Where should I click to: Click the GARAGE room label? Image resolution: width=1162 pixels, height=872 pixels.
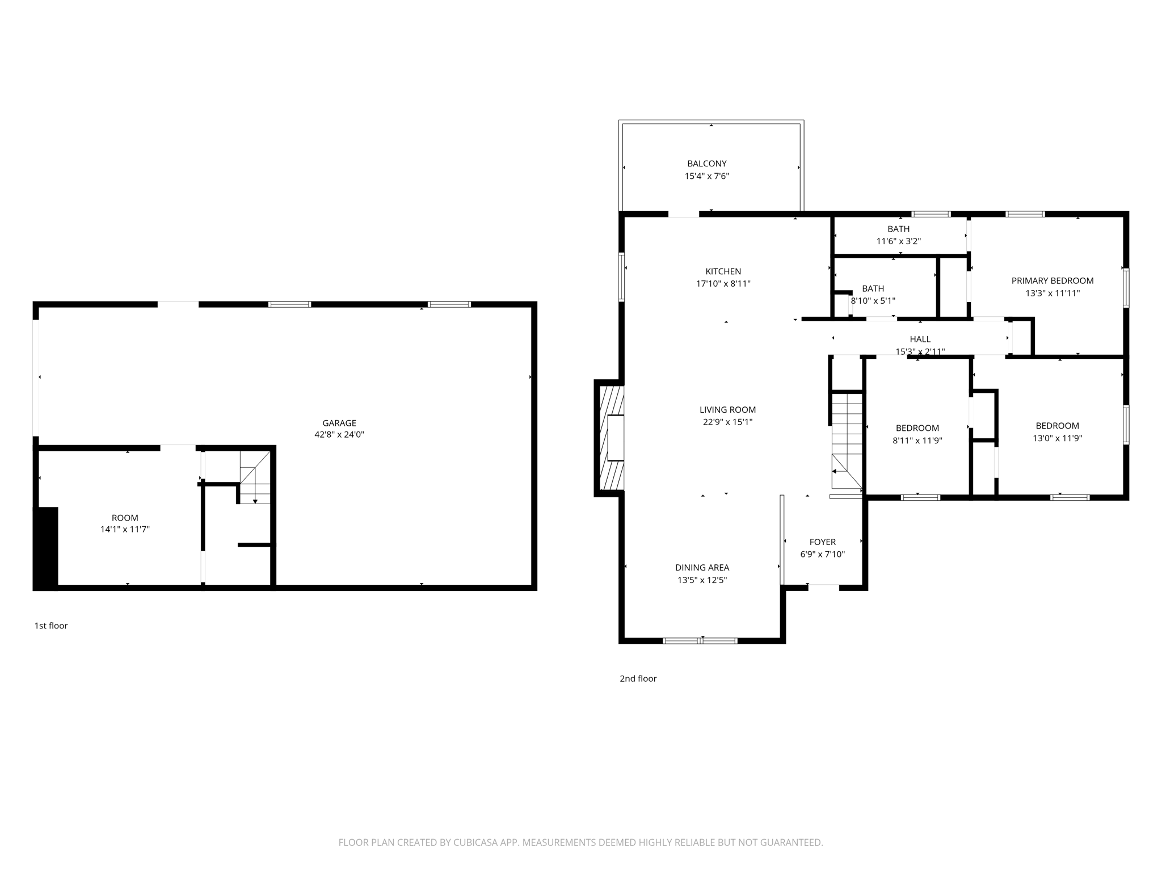click(x=339, y=423)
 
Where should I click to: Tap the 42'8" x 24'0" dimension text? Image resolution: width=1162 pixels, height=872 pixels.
click(x=339, y=435)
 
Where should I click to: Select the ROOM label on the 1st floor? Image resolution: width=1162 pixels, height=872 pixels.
click(x=125, y=518)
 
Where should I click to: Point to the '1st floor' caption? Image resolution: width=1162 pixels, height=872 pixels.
click(x=51, y=626)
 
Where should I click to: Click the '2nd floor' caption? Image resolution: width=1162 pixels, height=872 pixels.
click(x=638, y=678)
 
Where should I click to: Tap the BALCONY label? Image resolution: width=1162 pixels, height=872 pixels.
click(x=706, y=163)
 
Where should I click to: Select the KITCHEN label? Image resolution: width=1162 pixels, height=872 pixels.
click(x=723, y=271)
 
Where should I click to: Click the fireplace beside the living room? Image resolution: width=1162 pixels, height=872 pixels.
click(x=612, y=438)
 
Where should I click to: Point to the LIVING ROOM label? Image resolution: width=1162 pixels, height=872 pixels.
click(x=727, y=409)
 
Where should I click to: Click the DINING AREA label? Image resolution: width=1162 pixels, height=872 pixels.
click(x=702, y=568)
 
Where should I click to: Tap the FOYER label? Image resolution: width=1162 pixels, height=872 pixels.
click(x=822, y=542)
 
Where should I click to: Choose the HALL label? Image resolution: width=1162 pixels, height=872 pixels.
click(x=920, y=339)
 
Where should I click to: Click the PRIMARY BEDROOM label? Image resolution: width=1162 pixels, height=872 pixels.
click(x=1052, y=280)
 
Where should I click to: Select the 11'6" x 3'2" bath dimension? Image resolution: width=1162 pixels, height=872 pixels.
click(x=898, y=241)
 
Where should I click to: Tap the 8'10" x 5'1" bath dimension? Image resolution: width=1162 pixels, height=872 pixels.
click(x=873, y=301)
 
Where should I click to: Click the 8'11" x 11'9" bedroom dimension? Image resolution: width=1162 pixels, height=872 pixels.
click(x=917, y=441)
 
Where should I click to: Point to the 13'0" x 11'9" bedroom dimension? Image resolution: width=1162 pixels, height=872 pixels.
click(x=1057, y=438)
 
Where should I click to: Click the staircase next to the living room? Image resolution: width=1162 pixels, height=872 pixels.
click(x=847, y=440)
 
